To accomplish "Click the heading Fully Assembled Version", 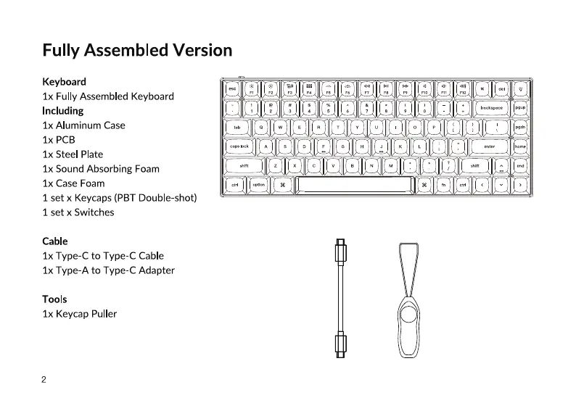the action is tap(137, 51).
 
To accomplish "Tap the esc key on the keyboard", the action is tap(232, 89).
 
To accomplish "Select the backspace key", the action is tap(491, 108).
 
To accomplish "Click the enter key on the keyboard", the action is tap(489, 146).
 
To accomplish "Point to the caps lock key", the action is tap(239, 146).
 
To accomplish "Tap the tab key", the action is tap(236, 127).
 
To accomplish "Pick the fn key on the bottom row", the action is tap(443, 185).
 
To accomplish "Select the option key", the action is tap(258, 185).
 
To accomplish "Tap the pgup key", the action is tap(520, 108).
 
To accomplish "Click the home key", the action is tap(520, 146).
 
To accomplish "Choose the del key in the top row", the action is tap(501, 89).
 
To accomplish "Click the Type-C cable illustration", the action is tap(339, 299).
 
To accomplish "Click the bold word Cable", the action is tap(55, 241).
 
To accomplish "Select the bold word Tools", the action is tap(54, 299).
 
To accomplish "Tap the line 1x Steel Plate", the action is tap(73, 154).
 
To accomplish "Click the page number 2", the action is tap(44, 380).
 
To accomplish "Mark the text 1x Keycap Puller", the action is tap(79, 314).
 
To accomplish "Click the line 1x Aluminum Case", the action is tap(83, 125).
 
